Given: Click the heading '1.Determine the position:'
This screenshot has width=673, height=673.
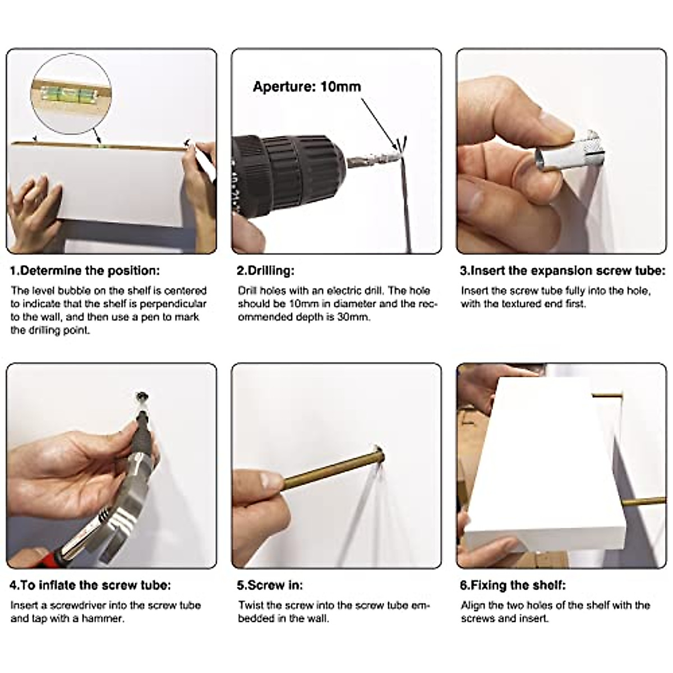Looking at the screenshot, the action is pyautogui.click(x=85, y=271).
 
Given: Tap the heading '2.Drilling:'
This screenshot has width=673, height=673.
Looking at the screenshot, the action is pyautogui.click(x=265, y=271).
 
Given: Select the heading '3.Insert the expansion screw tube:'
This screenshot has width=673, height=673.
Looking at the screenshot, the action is pyautogui.click(x=563, y=271).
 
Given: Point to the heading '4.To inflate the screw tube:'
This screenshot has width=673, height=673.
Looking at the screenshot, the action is pyautogui.click(x=90, y=585).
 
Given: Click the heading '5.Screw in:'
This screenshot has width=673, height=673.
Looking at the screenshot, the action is pyautogui.click(x=270, y=585).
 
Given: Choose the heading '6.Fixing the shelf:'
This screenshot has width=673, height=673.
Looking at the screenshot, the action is pyautogui.click(x=513, y=585).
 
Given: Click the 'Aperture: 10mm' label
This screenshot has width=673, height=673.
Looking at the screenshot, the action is pyautogui.click(x=307, y=86).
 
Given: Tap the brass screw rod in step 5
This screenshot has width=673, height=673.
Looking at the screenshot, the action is pyautogui.click(x=333, y=471).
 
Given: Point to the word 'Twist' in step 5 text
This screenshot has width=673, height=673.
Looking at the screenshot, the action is pyautogui.click(x=250, y=605).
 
